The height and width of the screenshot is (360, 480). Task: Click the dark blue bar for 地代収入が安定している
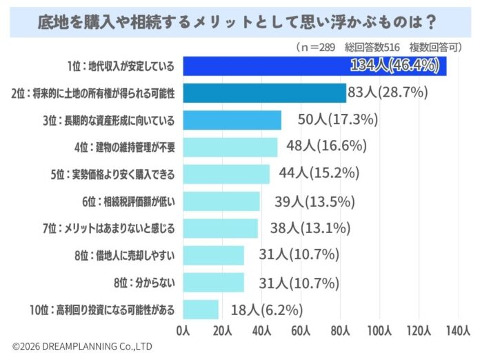tap(314, 66)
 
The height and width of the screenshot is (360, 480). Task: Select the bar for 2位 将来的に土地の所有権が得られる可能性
tap(264, 92)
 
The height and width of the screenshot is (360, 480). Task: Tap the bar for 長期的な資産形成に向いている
tap(232, 119)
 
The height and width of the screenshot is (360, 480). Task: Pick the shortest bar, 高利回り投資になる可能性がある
tap(201, 309)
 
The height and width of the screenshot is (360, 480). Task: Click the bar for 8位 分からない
tap(213, 282)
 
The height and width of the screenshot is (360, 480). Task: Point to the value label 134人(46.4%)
tap(397, 66)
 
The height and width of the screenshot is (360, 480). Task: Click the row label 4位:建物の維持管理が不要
tap(124, 147)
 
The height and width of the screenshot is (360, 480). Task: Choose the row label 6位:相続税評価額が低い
tap(128, 201)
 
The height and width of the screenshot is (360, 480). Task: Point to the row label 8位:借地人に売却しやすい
tap(124, 255)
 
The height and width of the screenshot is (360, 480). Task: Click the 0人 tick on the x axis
tap(183, 330)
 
